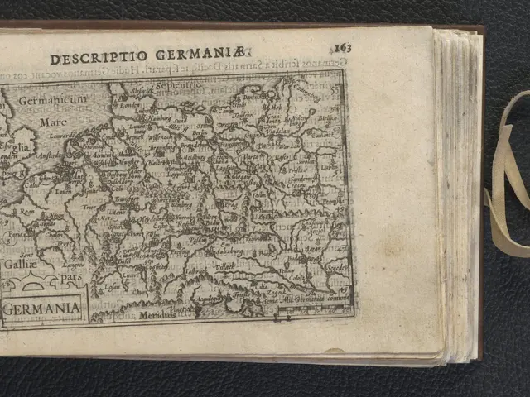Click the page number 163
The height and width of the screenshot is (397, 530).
point(343,47)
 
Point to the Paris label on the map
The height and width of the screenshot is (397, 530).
point(16,234)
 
